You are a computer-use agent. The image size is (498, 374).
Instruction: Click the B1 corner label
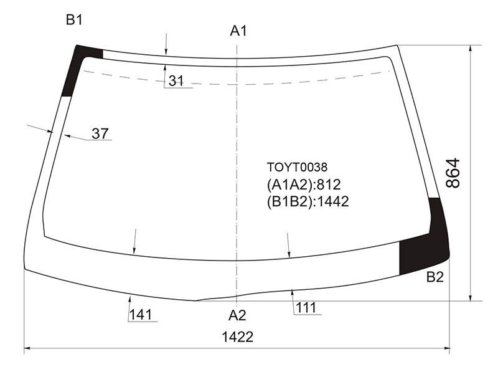point(74,20)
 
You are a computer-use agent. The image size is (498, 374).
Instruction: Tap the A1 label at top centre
point(238,31)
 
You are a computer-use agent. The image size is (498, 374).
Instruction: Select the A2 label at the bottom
point(237,315)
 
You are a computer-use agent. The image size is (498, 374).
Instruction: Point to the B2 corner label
point(435,277)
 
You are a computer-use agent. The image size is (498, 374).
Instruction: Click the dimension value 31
point(176,81)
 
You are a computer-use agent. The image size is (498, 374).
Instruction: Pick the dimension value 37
point(100,133)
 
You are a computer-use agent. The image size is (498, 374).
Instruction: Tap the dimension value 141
point(141,315)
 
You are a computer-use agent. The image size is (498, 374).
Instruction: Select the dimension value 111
point(306,308)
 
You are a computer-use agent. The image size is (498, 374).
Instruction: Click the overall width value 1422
point(238,337)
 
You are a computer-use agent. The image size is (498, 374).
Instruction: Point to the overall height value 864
point(453,173)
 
